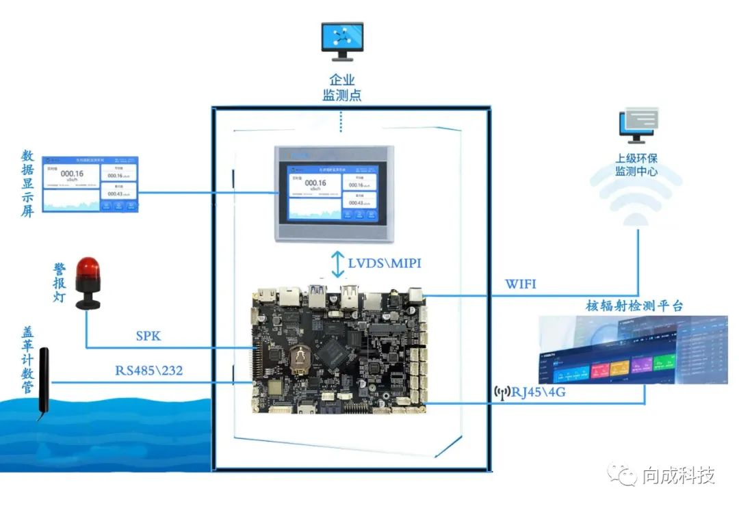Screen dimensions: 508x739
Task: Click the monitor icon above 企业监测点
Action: coord(342,40)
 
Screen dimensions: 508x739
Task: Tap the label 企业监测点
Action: coord(342,88)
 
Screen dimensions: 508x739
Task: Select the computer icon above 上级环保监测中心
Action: coord(638,125)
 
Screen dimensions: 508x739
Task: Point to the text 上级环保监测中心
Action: coord(636,165)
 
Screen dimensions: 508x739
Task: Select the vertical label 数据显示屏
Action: coord(27,183)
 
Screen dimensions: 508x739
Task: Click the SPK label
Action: coord(148,336)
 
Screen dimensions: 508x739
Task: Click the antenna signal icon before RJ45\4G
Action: coord(502,392)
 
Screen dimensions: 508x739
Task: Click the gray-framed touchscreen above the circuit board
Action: coord(335,193)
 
